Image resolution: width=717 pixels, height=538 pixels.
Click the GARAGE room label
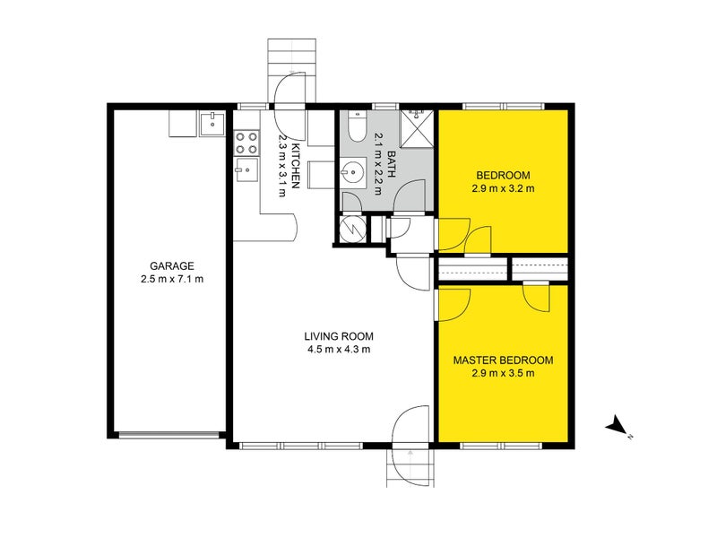pyautogui.click(x=172, y=265)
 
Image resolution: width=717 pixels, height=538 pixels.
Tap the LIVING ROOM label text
pyautogui.click(x=339, y=337)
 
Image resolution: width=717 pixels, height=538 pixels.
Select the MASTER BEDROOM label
pyautogui.click(x=503, y=360)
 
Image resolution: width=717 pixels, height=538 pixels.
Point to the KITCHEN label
pyautogui.click(x=296, y=166)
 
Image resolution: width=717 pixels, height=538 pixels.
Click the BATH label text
pyautogui.click(x=392, y=164)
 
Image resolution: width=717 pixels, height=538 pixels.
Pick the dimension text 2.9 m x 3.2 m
pyautogui.click(x=503, y=188)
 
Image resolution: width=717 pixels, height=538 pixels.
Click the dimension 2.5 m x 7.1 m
pyautogui.click(x=172, y=279)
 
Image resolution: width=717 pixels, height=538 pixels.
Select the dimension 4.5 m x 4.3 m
pyautogui.click(x=339, y=350)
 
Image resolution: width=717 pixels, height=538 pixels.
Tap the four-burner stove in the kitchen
pyautogui.click(x=246, y=143)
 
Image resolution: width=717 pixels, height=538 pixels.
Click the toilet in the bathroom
pyautogui.click(x=357, y=126)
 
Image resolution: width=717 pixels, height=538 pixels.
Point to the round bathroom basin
pyautogui.click(x=353, y=172)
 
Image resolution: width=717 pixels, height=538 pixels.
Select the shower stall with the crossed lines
pyautogui.click(x=417, y=128)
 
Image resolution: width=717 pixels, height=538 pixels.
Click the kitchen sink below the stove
pyautogui.click(x=246, y=169)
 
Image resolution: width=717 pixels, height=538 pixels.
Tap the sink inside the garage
pyautogui.click(x=212, y=124)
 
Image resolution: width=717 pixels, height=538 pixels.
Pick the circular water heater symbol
pyautogui.click(x=353, y=229)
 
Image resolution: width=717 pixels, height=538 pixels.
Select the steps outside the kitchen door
pyautogui.click(x=292, y=71)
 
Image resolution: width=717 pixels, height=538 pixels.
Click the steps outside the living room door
pyautogui.click(x=410, y=467)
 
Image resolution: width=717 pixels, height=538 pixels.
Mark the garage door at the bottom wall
pyautogui.click(x=168, y=435)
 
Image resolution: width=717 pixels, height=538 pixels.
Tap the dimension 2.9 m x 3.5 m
pyautogui.click(x=503, y=373)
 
